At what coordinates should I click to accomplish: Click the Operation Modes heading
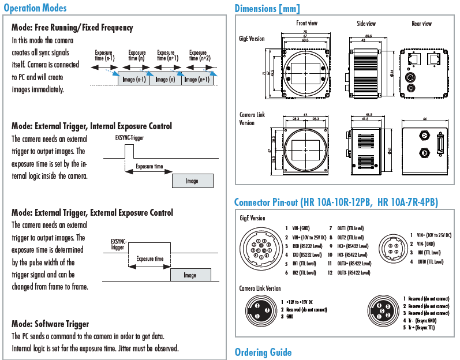(x=35, y=8)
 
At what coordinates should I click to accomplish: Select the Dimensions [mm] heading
(x=267, y=8)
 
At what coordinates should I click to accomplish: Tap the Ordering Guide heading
(x=263, y=352)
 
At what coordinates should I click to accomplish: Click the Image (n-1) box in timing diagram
(x=133, y=80)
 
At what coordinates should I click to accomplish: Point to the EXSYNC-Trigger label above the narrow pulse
(x=130, y=138)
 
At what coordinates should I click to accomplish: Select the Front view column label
(x=306, y=24)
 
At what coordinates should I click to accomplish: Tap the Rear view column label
(x=421, y=24)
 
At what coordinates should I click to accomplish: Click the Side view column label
(x=366, y=24)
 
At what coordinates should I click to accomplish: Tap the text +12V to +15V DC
(x=300, y=302)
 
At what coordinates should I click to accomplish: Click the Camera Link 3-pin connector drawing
(x=261, y=310)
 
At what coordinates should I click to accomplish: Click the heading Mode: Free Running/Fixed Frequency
(x=72, y=28)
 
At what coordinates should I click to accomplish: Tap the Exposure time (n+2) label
(x=197, y=55)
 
